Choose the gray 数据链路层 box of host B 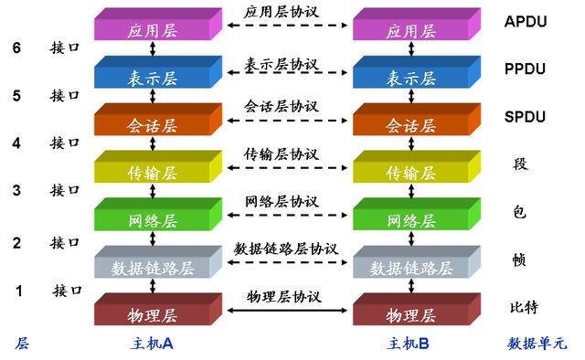(411, 268)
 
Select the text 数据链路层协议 (285, 249)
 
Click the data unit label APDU (526, 20)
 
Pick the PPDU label (526, 69)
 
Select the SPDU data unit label (526, 117)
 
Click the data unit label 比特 (525, 307)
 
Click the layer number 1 (18, 291)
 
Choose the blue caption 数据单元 (537, 344)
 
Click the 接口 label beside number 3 (65, 190)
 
